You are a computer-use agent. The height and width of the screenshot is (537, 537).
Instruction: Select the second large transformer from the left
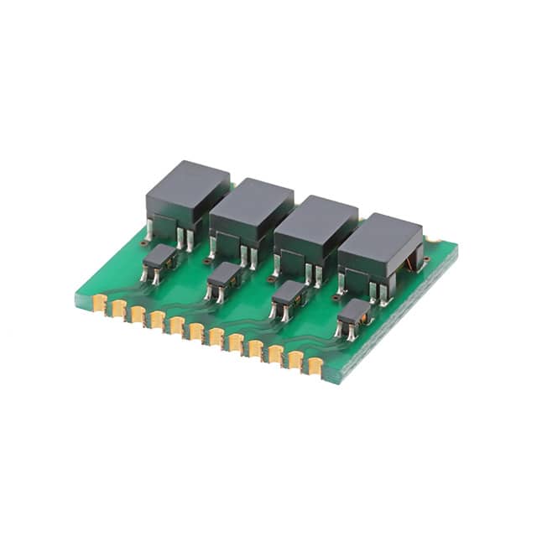point(251,211)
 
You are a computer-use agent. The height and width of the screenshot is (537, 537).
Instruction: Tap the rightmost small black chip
point(352,313)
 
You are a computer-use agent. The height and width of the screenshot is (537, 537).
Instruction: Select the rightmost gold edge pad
point(315,364)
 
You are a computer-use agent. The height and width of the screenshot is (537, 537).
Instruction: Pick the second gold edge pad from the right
point(295,358)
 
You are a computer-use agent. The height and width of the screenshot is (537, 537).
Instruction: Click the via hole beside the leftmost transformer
point(145,243)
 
